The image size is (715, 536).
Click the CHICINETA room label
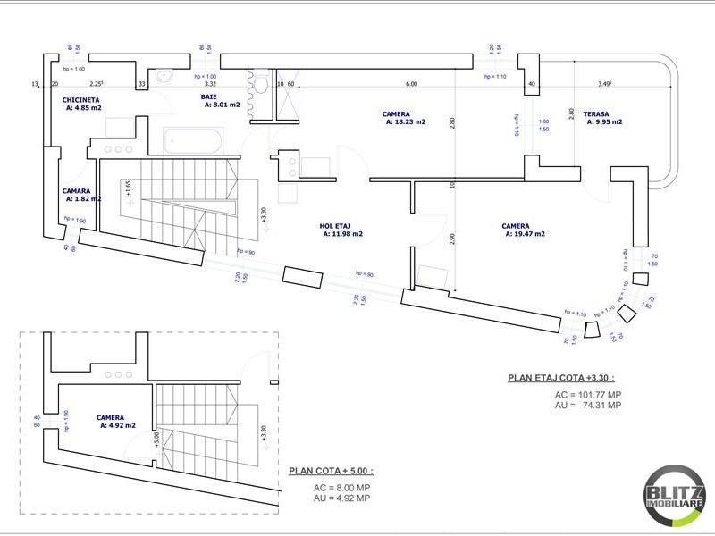80,100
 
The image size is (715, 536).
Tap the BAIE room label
209,96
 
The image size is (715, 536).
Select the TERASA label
596,114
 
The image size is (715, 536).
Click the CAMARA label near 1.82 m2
76,191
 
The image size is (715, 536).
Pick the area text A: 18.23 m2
406,122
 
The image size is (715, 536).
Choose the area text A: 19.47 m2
525,234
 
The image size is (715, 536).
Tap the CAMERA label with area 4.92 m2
110,418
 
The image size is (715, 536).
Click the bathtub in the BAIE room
192,140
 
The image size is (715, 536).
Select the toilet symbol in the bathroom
261,86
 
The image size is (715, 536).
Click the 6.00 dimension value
411,84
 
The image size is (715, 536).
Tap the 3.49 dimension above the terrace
604,84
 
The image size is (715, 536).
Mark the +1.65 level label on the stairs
128,188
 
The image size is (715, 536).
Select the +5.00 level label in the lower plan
155,439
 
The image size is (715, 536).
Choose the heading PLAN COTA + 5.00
331,471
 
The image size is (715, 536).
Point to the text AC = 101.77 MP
587,394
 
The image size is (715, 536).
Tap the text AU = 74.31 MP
587,405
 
